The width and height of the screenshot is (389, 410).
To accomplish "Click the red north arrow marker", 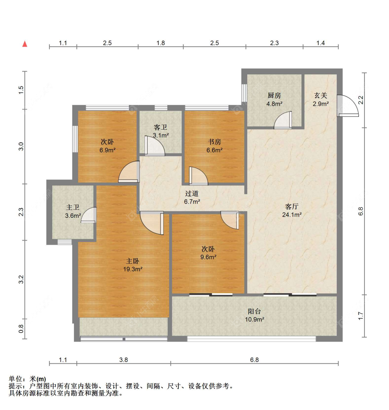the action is coord(25,44).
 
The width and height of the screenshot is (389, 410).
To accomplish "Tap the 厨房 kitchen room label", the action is coord(274,95).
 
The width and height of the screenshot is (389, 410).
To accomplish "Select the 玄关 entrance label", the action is coord(321,95).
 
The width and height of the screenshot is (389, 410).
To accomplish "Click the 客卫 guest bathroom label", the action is coord(160,127).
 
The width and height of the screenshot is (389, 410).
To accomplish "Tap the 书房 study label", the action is coord(214,142).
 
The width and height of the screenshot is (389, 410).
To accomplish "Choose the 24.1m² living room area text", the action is coord(292,215).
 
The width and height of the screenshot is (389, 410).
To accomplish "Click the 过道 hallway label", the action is coord(192,194).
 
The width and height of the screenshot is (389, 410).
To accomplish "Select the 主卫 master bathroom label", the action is coord(73,207).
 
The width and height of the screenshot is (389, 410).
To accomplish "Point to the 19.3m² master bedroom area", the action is coord(133,269).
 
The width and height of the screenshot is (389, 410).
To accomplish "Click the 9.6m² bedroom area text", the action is coord(208,257).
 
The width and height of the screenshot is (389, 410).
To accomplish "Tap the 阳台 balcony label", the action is coord(254,311).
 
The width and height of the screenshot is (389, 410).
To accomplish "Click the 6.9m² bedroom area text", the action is coord(108,150).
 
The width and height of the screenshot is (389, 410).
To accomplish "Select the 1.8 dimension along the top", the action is coord(161,43).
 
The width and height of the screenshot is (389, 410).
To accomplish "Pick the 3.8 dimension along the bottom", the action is coord(123,360).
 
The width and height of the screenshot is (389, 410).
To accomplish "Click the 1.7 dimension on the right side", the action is coord(361,316).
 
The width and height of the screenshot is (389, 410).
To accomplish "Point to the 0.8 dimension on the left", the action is coord(21,329).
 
